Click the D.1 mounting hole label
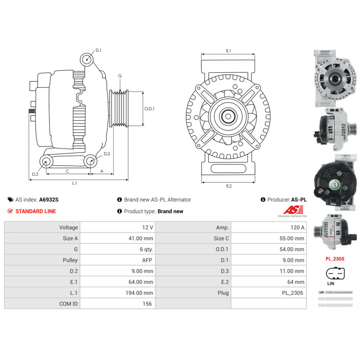[x=98, y=50]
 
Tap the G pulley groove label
[x=120, y=76]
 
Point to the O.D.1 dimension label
[x=149, y=108]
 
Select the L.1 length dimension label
[x=75, y=183]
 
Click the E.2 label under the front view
[x=229, y=186]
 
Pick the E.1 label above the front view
[x=228, y=51]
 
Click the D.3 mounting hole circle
[x=46, y=162]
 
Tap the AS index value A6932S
[x=49, y=199]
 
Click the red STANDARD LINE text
[x=36, y=211]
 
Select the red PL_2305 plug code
[x=335, y=258]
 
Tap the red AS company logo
[x=293, y=210]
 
